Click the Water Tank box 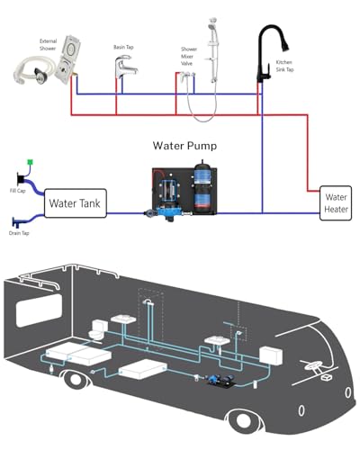[x=76, y=203]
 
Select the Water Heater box [x=336, y=203]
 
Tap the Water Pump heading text [x=184, y=146]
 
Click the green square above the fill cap [x=30, y=162]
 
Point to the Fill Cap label [x=18, y=191]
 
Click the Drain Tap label [x=19, y=233]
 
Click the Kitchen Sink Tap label [x=284, y=66]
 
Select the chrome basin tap [x=125, y=67]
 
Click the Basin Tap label [x=123, y=47]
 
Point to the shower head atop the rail [x=212, y=24]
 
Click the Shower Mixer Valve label [x=189, y=57]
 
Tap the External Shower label [x=48, y=45]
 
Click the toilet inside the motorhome [x=97, y=330]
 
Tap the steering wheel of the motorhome [x=312, y=366]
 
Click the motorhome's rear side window [x=39, y=310]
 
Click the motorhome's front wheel [x=243, y=420]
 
